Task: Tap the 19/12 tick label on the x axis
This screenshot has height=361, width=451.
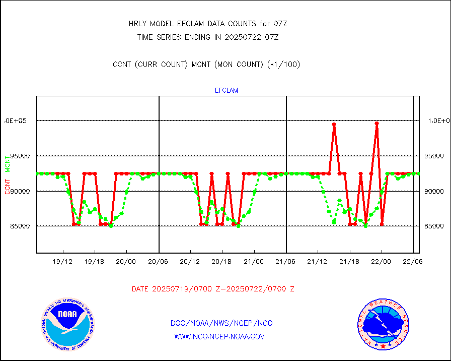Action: click(x=62, y=261)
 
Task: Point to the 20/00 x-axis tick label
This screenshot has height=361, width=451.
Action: click(x=126, y=261)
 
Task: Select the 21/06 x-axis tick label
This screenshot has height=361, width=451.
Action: click(x=285, y=261)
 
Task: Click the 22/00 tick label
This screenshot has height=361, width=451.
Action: click(x=381, y=261)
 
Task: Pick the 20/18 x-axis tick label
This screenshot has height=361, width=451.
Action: click(x=221, y=261)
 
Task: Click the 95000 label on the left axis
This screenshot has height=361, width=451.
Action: click(x=17, y=156)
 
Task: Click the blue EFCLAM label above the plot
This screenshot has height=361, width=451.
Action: click(x=227, y=91)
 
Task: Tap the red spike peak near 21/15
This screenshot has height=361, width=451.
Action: click(x=334, y=124)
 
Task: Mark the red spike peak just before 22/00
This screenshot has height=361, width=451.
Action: click(x=377, y=123)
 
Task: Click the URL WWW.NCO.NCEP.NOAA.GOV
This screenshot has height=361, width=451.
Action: click(x=219, y=336)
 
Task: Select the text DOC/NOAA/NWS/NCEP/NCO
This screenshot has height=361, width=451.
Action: click(x=221, y=323)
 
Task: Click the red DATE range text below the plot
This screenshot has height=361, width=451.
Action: click(x=213, y=289)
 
